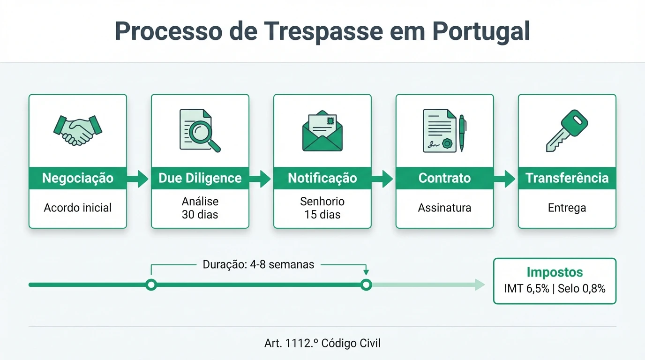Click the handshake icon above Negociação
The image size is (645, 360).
[x=78, y=130]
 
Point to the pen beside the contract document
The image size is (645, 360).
[x=462, y=133]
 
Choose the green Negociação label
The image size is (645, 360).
[x=78, y=178]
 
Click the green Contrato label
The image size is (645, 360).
[x=444, y=178]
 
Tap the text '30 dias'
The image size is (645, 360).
[x=200, y=215]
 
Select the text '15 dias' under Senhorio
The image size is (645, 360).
[x=322, y=215]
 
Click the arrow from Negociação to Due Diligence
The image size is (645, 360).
[x=139, y=179]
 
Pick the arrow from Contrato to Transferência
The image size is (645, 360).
[x=506, y=179]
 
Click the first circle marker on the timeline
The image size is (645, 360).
[x=151, y=285]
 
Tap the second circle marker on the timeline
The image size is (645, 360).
[x=367, y=285]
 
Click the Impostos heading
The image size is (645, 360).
[x=555, y=272]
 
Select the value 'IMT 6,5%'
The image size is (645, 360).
[x=526, y=289]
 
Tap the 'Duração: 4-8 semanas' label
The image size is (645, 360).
[x=258, y=264]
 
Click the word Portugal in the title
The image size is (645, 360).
[x=481, y=31]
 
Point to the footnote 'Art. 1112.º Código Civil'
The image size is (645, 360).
[x=322, y=343]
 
